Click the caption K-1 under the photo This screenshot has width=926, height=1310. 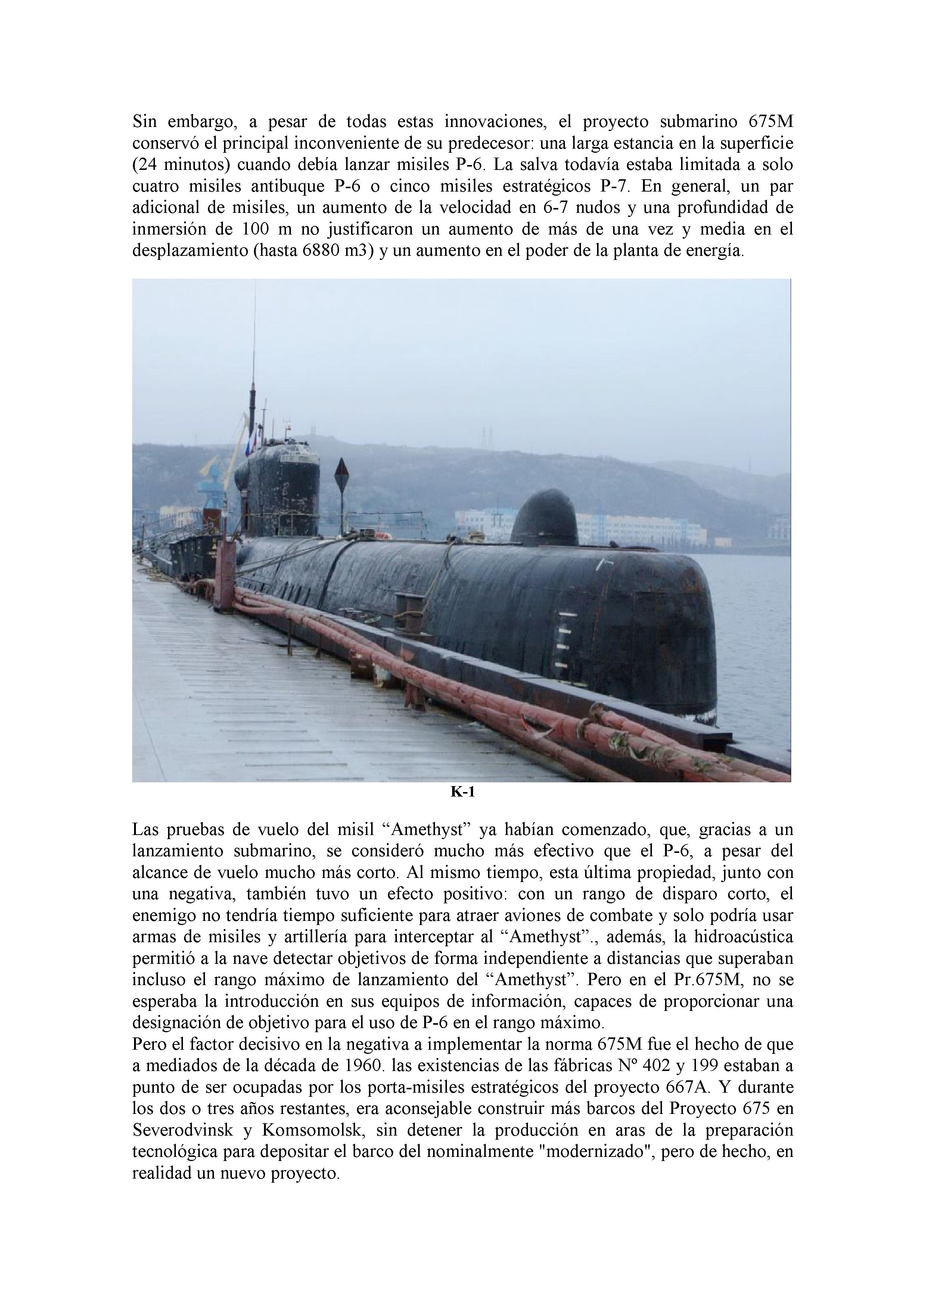click(462, 792)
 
